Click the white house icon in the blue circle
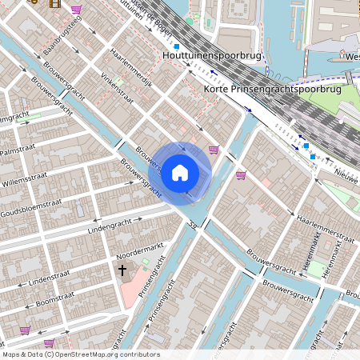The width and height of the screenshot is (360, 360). [180, 172]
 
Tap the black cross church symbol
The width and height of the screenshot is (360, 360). [122, 270]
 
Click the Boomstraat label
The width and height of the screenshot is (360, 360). [55, 301]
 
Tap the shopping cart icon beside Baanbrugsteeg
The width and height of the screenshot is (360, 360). [76, 10]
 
